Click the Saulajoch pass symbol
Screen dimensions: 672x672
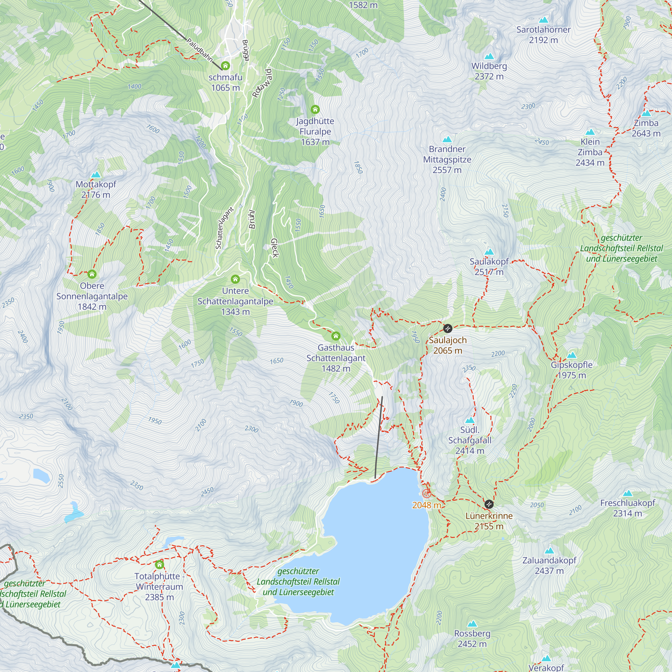point(448,328)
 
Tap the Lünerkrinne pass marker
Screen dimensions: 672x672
point(489,504)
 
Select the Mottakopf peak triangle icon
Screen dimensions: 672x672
point(96,175)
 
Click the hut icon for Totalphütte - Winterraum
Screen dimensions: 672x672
point(160,564)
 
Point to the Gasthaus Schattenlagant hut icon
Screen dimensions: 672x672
point(336,336)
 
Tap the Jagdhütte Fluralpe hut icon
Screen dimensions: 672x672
point(315,110)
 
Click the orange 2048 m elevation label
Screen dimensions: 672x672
point(426,505)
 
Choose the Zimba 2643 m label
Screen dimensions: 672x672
point(646,128)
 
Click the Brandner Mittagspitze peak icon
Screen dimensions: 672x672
point(447,140)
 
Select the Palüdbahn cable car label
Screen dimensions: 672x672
point(200,50)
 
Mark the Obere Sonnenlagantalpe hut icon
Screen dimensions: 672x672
point(92,274)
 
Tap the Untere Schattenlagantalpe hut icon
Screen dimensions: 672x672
point(236,279)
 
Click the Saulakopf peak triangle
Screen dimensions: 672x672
point(489,252)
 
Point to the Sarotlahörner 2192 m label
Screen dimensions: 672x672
point(543,35)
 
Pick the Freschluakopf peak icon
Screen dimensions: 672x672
point(627,493)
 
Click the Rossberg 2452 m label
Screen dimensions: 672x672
point(472,639)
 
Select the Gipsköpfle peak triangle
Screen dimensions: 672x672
point(572,355)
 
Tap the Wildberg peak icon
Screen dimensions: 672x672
point(489,56)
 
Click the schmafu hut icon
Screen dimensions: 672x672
point(225,66)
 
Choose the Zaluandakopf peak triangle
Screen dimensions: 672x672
point(549,551)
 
